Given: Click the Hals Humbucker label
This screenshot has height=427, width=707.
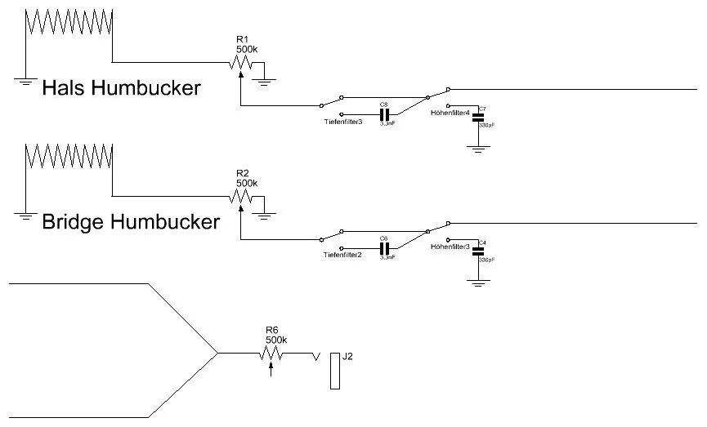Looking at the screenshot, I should pyautogui.click(x=121, y=87).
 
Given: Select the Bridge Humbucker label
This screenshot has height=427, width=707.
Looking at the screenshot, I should pyautogui.click(x=131, y=221).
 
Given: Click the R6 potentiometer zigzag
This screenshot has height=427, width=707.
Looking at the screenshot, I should pyautogui.click(x=271, y=354).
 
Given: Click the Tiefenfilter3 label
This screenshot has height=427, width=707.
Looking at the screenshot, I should pyautogui.click(x=342, y=123).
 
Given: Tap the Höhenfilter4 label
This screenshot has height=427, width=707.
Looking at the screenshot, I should pyautogui.click(x=450, y=113).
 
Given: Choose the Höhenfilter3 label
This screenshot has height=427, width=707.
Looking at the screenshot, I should pyautogui.click(x=450, y=246).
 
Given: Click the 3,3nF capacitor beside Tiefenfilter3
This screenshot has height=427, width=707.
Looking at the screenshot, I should pyautogui.click(x=383, y=113).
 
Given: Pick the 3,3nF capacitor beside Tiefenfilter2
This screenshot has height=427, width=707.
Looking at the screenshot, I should pyautogui.click(x=383, y=247).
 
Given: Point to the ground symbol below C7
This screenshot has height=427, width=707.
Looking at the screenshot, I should pyautogui.click(x=479, y=148).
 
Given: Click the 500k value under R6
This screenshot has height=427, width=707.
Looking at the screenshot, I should pyautogui.click(x=277, y=340).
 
